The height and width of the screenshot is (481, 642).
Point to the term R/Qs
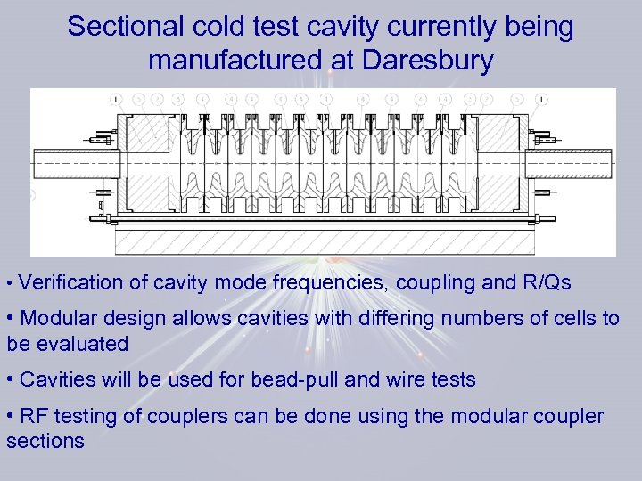pyautogui.click(x=545, y=283)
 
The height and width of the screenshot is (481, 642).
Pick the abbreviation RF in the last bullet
pyautogui.click(x=35, y=417)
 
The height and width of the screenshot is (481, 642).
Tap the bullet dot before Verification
pyautogui.click(x=9, y=284)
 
